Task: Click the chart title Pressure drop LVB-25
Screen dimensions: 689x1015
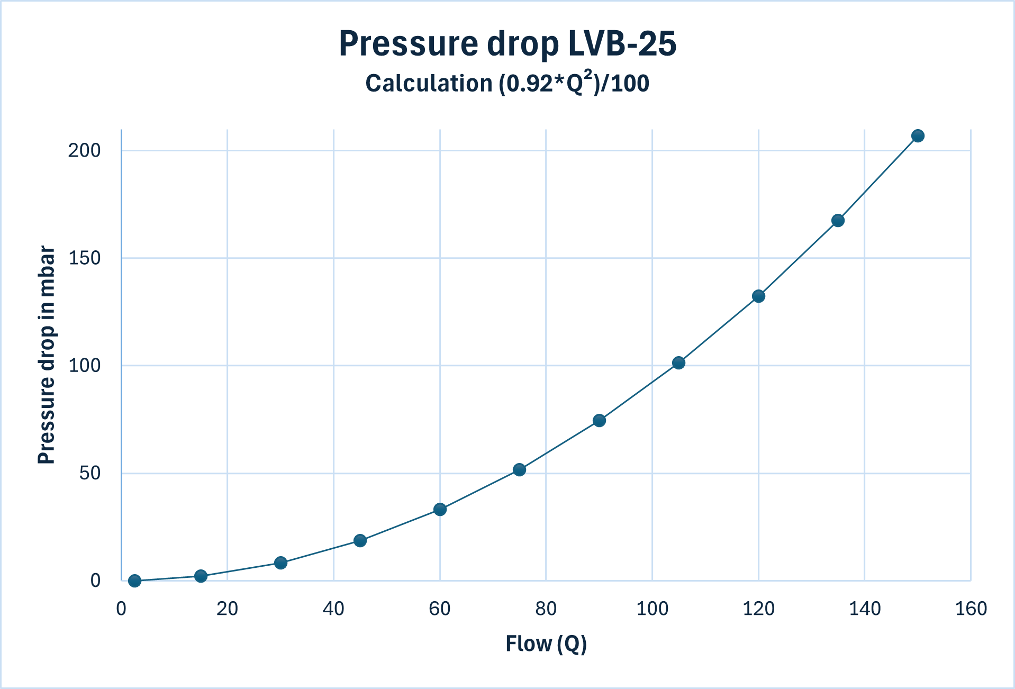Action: pyautogui.click(x=507, y=43)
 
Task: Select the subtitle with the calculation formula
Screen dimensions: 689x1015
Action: pyautogui.click(x=507, y=83)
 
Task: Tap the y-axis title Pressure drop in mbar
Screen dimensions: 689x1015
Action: pyautogui.click(x=47, y=355)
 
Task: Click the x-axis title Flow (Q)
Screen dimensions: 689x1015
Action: pyautogui.click(x=546, y=643)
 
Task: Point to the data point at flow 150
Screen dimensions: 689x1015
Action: pyautogui.click(x=918, y=136)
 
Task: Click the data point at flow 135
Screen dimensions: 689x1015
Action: pyautogui.click(x=838, y=220)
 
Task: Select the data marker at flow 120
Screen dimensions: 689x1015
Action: pyautogui.click(x=758, y=296)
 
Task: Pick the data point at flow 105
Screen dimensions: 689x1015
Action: pyautogui.click(x=678, y=362)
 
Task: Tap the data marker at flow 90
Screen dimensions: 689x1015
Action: pyautogui.click(x=599, y=420)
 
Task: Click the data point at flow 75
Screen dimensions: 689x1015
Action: pyautogui.click(x=519, y=469)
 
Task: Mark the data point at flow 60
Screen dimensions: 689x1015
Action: pyautogui.click(x=440, y=509)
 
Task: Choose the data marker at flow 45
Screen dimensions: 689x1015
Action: pyautogui.click(x=360, y=540)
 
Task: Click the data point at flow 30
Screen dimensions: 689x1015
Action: pyautogui.click(x=280, y=563)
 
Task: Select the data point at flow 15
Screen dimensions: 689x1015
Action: pyautogui.click(x=201, y=576)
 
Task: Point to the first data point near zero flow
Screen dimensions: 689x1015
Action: pyautogui.click(x=134, y=581)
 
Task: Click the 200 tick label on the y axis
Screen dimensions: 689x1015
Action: pyautogui.click(x=84, y=150)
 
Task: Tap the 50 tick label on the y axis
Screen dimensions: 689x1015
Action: pyautogui.click(x=89, y=473)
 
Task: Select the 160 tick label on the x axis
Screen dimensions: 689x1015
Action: pyautogui.click(x=971, y=609)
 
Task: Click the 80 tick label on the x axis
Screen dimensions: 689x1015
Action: pyautogui.click(x=546, y=609)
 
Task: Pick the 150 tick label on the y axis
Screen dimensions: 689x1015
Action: pyautogui.click(x=84, y=258)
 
